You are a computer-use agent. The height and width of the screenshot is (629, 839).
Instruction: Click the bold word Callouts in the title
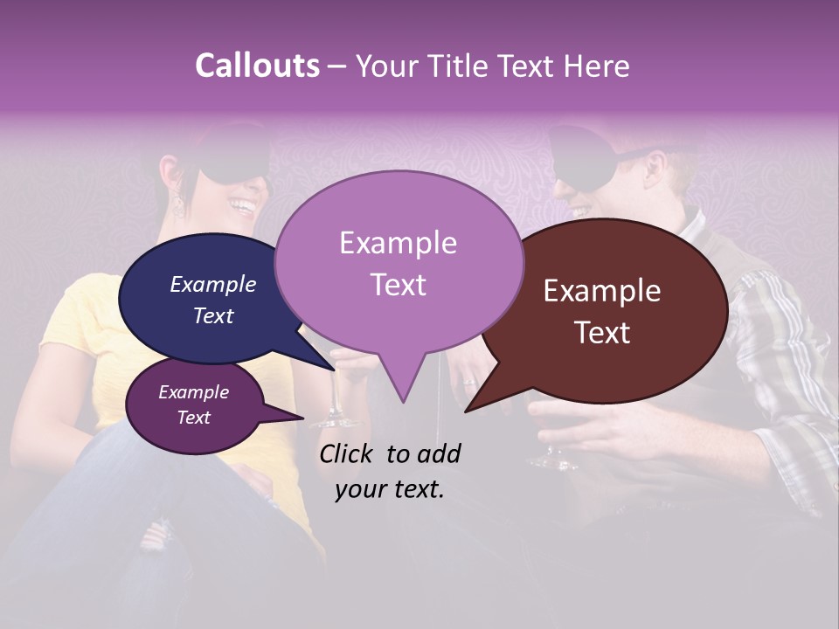click(257, 66)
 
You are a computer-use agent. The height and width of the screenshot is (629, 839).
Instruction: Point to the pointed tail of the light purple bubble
click(402, 389)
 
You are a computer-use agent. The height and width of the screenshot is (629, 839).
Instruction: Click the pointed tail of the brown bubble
click(476, 402)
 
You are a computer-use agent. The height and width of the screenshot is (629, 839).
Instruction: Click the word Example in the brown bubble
click(602, 291)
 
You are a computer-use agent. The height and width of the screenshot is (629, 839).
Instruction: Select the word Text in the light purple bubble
click(399, 284)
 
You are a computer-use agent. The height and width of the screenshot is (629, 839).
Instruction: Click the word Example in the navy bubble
click(212, 285)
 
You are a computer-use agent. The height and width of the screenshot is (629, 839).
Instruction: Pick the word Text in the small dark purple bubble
click(194, 418)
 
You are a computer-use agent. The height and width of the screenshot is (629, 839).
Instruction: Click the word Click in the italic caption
click(347, 453)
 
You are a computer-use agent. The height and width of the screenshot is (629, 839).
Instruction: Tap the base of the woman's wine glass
click(333, 423)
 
